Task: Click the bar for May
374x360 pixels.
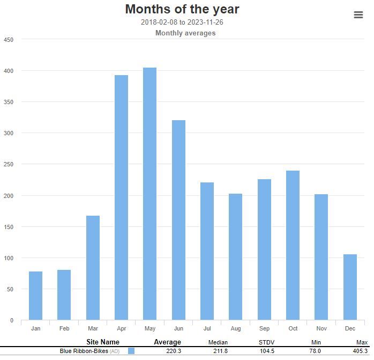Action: pos(149,194)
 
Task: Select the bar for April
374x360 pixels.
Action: pos(121,197)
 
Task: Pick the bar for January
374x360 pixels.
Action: pos(35,296)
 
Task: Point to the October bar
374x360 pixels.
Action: pos(293,245)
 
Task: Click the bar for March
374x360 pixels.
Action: pos(93,268)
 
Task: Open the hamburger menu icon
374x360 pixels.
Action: pos(358,15)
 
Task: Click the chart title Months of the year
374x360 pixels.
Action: pos(182,9)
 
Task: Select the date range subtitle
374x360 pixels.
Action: pos(182,23)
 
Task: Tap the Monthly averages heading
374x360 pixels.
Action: pos(185,33)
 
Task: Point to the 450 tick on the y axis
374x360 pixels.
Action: pos(9,40)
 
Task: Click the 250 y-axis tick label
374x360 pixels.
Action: pos(9,164)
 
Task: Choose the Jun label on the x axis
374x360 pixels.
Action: pos(178,328)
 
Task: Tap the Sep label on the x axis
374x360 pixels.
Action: pos(264,328)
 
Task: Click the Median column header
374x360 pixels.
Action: pos(218,342)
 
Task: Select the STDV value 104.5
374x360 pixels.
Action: pos(267,351)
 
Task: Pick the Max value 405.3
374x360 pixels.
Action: pos(361,351)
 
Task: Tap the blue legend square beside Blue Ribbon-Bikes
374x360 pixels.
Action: pos(131,351)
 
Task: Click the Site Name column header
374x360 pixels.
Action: pos(103,342)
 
